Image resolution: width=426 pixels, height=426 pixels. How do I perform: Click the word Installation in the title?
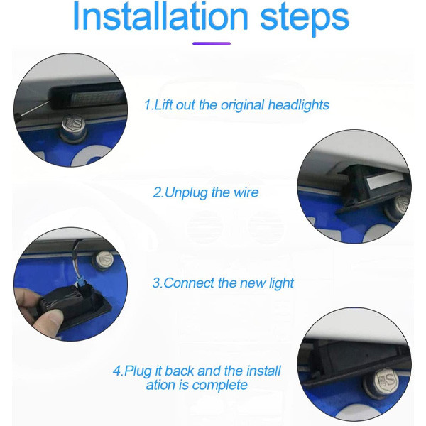(x=160, y=16)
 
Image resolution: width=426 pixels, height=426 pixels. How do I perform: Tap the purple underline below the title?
(x=212, y=43)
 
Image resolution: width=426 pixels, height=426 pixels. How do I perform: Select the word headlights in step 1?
(x=299, y=105)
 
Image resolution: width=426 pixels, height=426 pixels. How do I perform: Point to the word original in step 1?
(x=242, y=105)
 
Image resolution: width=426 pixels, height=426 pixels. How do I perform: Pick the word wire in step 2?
(x=246, y=192)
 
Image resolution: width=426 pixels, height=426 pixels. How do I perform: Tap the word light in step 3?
(x=281, y=283)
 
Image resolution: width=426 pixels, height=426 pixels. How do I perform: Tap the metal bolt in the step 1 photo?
(x=74, y=127)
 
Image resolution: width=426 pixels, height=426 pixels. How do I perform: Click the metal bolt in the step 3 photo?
(x=103, y=258)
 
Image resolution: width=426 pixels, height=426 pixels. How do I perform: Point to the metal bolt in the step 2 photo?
(x=398, y=207)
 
